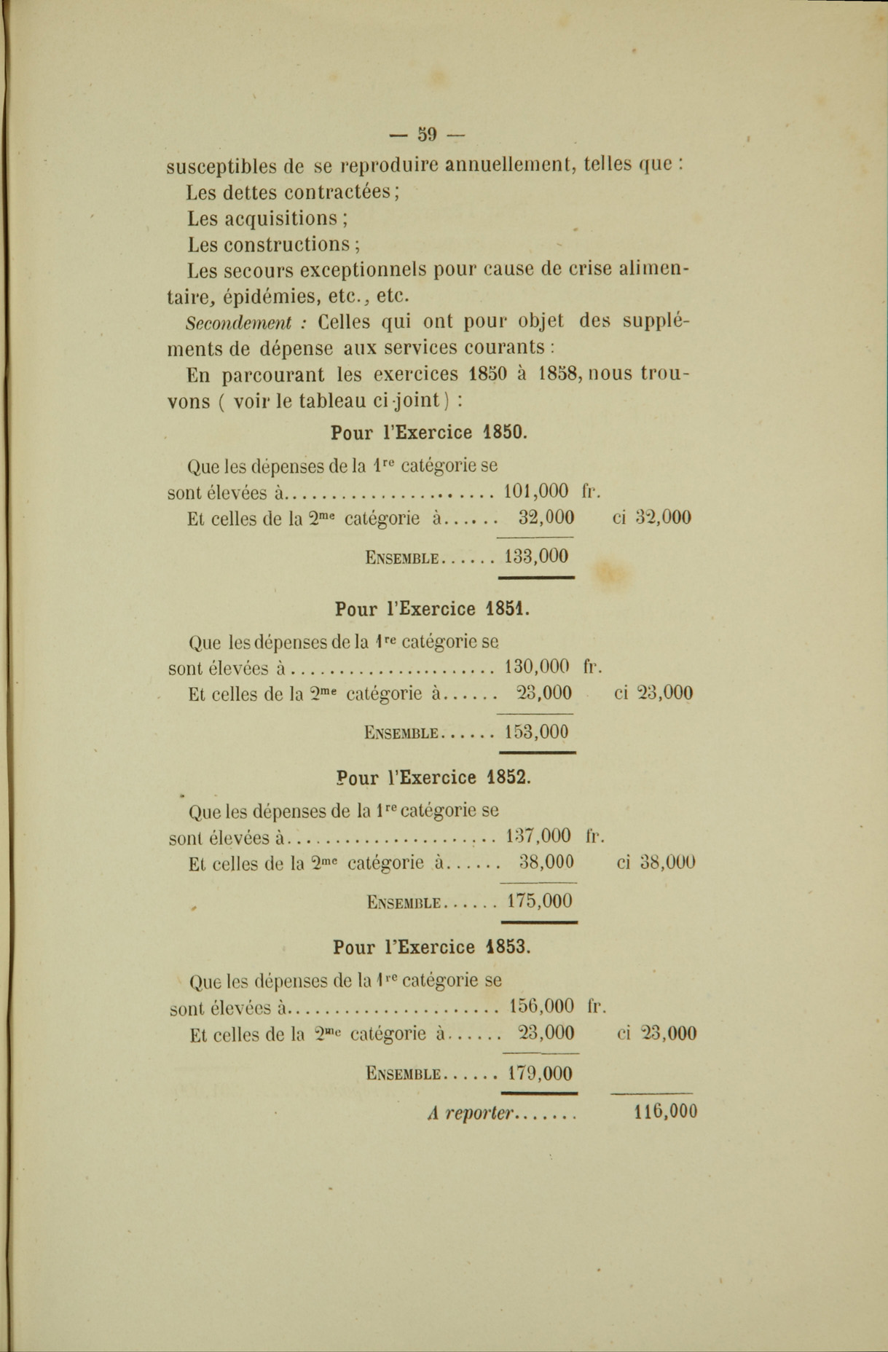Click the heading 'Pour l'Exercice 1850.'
[x=429, y=432]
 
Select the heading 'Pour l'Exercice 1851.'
[x=433, y=609]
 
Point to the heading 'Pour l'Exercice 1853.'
[x=432, y=947]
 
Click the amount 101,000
[x=536, y=491]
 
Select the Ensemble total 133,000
[x=536, y=557]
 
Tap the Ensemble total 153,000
[x=536, y=732]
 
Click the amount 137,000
[x=538, y=835]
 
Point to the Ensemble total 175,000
[x=540, y=901]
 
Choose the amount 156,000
[x=541, y=1007]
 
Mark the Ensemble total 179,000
[x=540, y=1073]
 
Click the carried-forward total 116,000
[x=666, y=1112]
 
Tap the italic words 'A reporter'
[x=471, y=1113]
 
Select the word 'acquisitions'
[x=281, y=219]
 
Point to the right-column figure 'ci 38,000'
[x=656, y=862]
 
